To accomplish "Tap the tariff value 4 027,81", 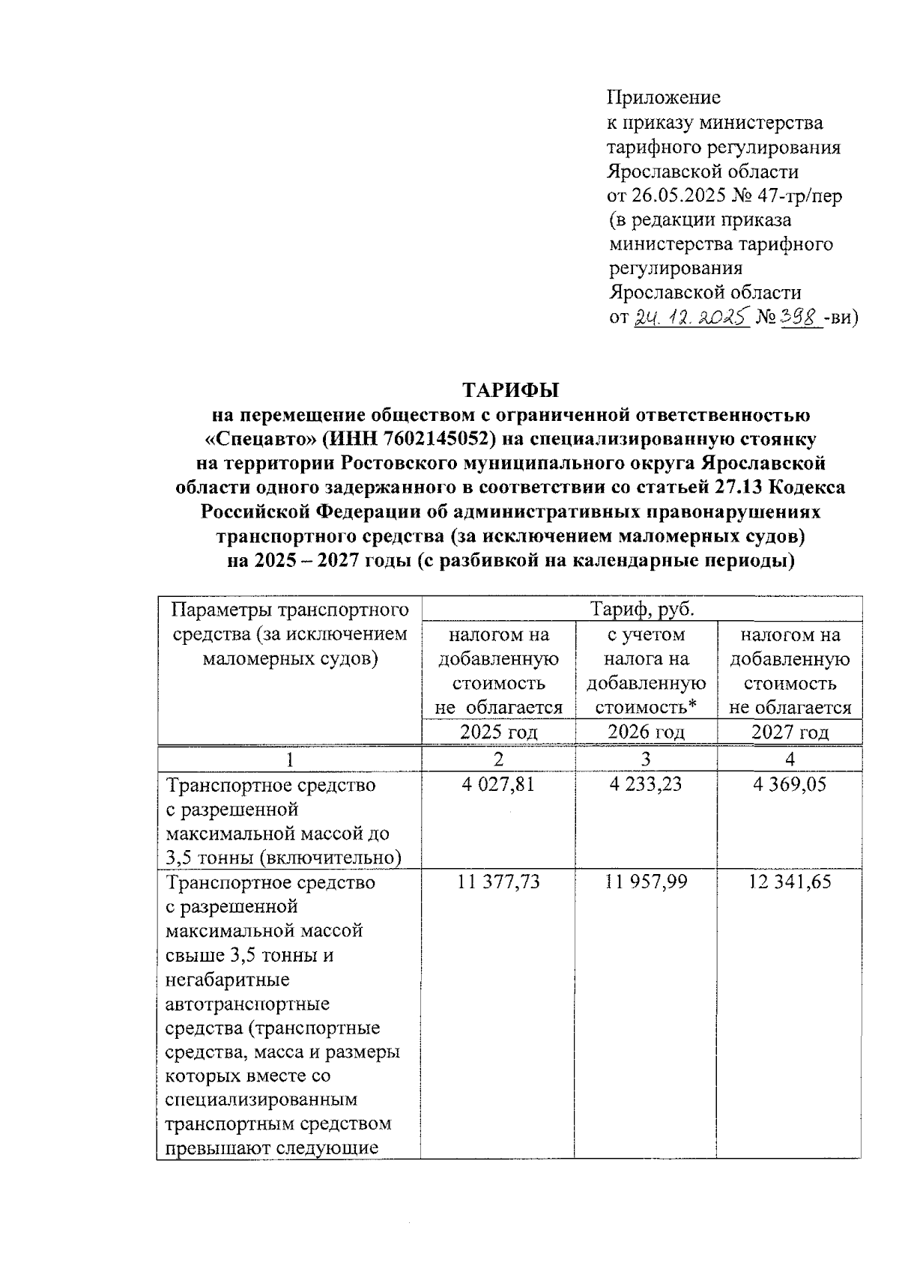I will pyautogui.click(x=498, y=784).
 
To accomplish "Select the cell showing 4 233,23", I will pyautogui.click(x=645, y=784).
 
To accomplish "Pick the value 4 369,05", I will pyautogui.click(x=790, y=784).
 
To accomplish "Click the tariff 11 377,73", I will pyautogui.click(x=498, y=882).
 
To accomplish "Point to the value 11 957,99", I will pyautogui.click(x=645, y=882).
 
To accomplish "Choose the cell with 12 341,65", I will pyautogui.click(x=790, y=882).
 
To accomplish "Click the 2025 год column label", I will pyautogui.click(x=498, y=732).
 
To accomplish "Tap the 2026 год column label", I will pyautogui.click(x=645, y=732).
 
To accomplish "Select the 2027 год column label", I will pyautogui.click(x=790, y=732).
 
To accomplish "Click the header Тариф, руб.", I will pyautogui.click(x=642, y=609).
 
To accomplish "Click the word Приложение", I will pyautogui.click(x=664, y=97).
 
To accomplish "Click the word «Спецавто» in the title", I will pyautogui.click(x=249, y=439).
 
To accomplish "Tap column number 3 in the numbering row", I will pyautogui.click(x=645, y=759).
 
